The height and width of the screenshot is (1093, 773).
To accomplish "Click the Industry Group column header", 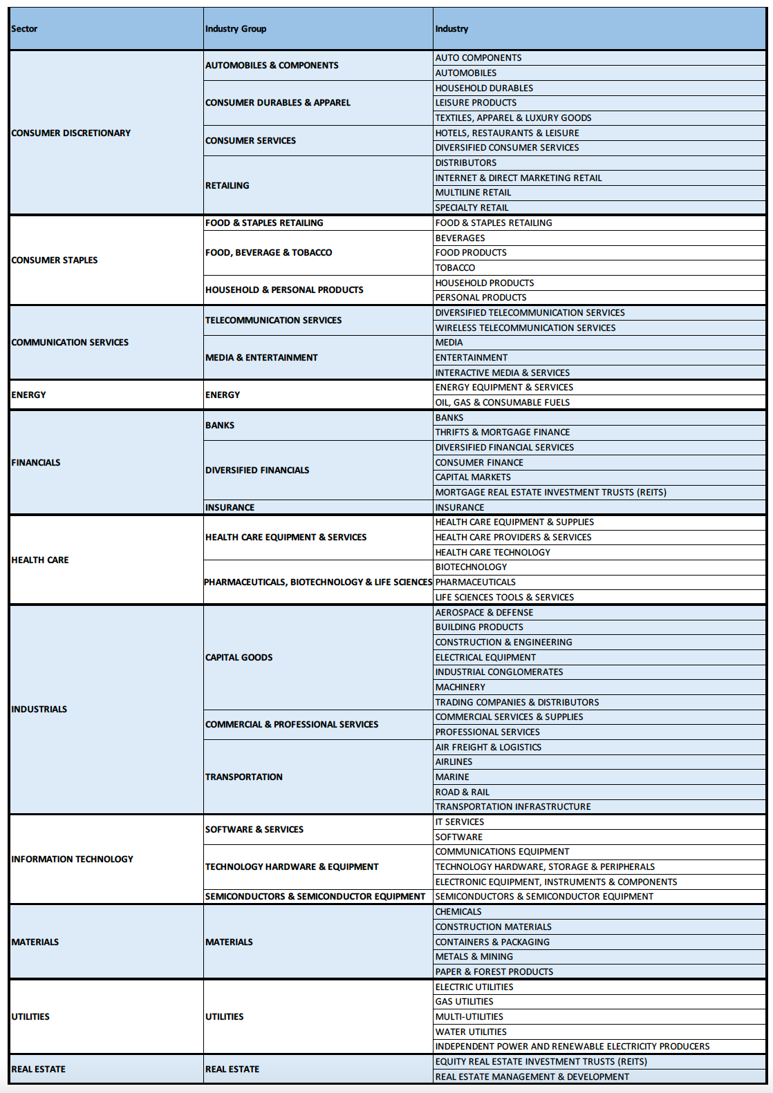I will pos(236,29).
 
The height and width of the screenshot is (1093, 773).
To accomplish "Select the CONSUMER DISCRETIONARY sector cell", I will pos(71,133).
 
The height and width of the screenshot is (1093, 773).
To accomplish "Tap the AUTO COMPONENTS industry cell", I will pos(478,58).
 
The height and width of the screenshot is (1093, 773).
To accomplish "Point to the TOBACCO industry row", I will pos(455,268).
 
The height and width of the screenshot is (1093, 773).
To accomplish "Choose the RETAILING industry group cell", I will pos(227,185).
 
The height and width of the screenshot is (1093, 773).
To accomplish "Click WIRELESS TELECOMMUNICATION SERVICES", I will pos(525,328).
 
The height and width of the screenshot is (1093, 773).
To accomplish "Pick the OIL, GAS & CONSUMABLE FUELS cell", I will pos(503,403).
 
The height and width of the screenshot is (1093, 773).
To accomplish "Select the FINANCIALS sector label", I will pos(36,463).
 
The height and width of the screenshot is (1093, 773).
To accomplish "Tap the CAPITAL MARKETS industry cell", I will pos(473,477).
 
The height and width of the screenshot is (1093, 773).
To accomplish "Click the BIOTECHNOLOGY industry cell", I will pos(471,567).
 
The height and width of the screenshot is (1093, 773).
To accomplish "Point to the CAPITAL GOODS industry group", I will pos(239,658).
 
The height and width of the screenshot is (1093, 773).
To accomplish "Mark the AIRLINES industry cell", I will pos(454,762).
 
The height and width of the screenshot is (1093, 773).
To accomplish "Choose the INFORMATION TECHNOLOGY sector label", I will pos(72,859).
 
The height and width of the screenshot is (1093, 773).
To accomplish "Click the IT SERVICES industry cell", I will pos(460,822).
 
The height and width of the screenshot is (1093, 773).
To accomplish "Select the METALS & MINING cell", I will pos(474,957).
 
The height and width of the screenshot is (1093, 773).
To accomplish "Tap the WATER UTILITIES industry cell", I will pos(471,1032).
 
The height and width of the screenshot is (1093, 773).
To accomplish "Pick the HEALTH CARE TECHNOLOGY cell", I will pos(493,553).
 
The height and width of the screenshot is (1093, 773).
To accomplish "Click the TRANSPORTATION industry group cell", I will pos(244,777).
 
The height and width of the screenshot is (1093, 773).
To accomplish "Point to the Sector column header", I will pos(24,29).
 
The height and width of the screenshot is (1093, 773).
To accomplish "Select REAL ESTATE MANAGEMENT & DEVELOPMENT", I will pos(532,1077).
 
